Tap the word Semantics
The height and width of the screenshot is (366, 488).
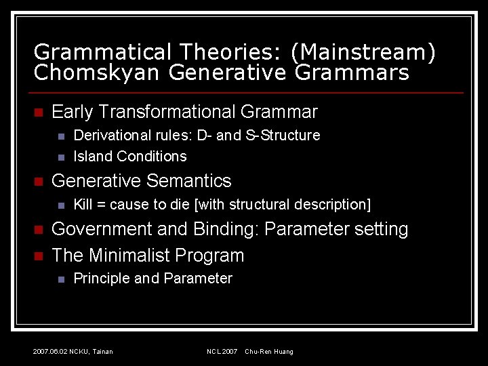click(x=189, y=181)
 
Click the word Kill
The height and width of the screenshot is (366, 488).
click(x=82, y=205)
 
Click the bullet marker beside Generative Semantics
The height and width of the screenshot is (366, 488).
click(x=38, y=182)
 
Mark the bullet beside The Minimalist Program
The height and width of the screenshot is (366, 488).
click(x=38, y=256)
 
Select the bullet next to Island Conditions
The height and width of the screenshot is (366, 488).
click(x=60, y=157)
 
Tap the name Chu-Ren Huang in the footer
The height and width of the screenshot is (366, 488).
click(x=269, y=351)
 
